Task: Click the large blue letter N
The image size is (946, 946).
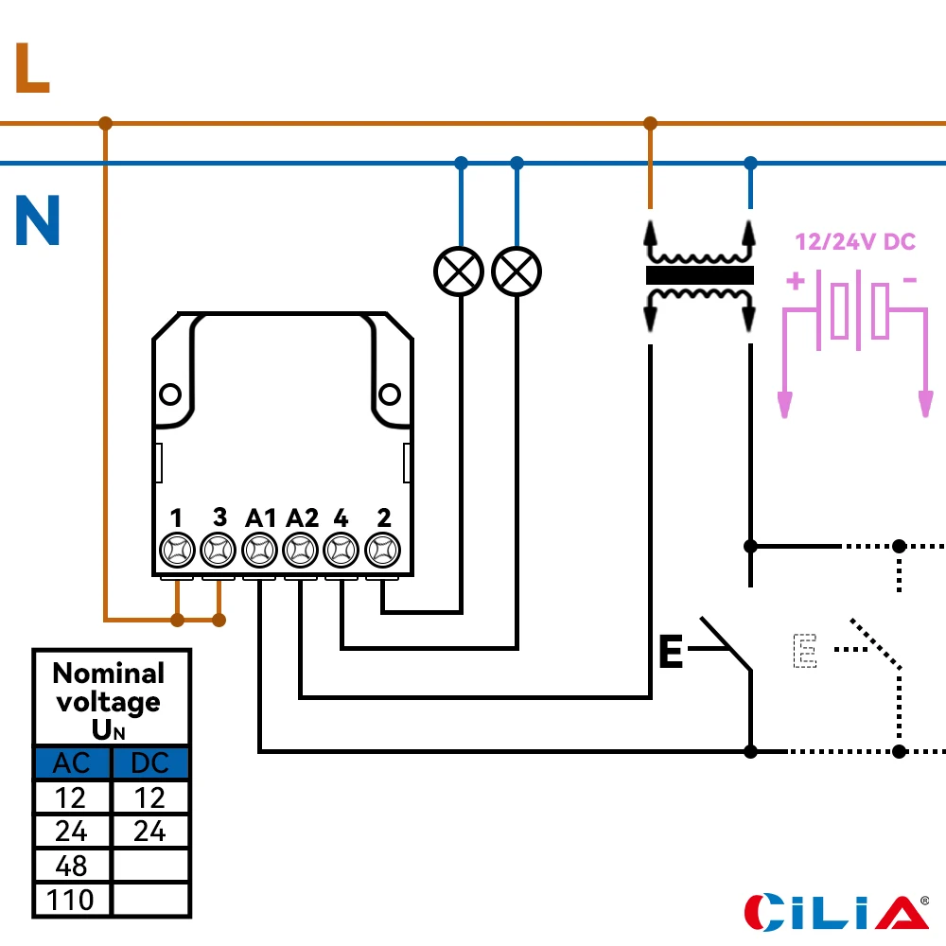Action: point(38,221)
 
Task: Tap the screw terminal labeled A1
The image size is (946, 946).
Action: point(259,549)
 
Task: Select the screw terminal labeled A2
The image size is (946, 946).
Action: point(300,549)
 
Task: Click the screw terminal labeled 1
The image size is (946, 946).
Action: point(177,549)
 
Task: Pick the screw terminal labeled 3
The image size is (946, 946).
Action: point(219,549)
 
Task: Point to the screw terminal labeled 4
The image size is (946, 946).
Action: point(341,549)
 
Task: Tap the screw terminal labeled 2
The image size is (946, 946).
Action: point(382,549)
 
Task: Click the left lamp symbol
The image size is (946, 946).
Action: point(459,272)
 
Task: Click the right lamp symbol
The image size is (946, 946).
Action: point(517,272)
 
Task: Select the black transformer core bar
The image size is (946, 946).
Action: point(699,275)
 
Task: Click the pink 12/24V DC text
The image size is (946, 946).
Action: point(855,242)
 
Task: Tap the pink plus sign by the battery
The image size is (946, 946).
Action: point(796,281)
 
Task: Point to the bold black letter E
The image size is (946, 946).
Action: point(671,653)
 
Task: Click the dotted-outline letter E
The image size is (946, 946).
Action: point(804,651)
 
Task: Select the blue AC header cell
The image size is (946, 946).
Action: point(72,763)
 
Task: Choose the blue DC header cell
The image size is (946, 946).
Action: point(150,763)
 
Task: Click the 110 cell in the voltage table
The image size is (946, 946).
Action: point(72,899)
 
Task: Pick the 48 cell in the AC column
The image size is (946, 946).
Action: point(72,866)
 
